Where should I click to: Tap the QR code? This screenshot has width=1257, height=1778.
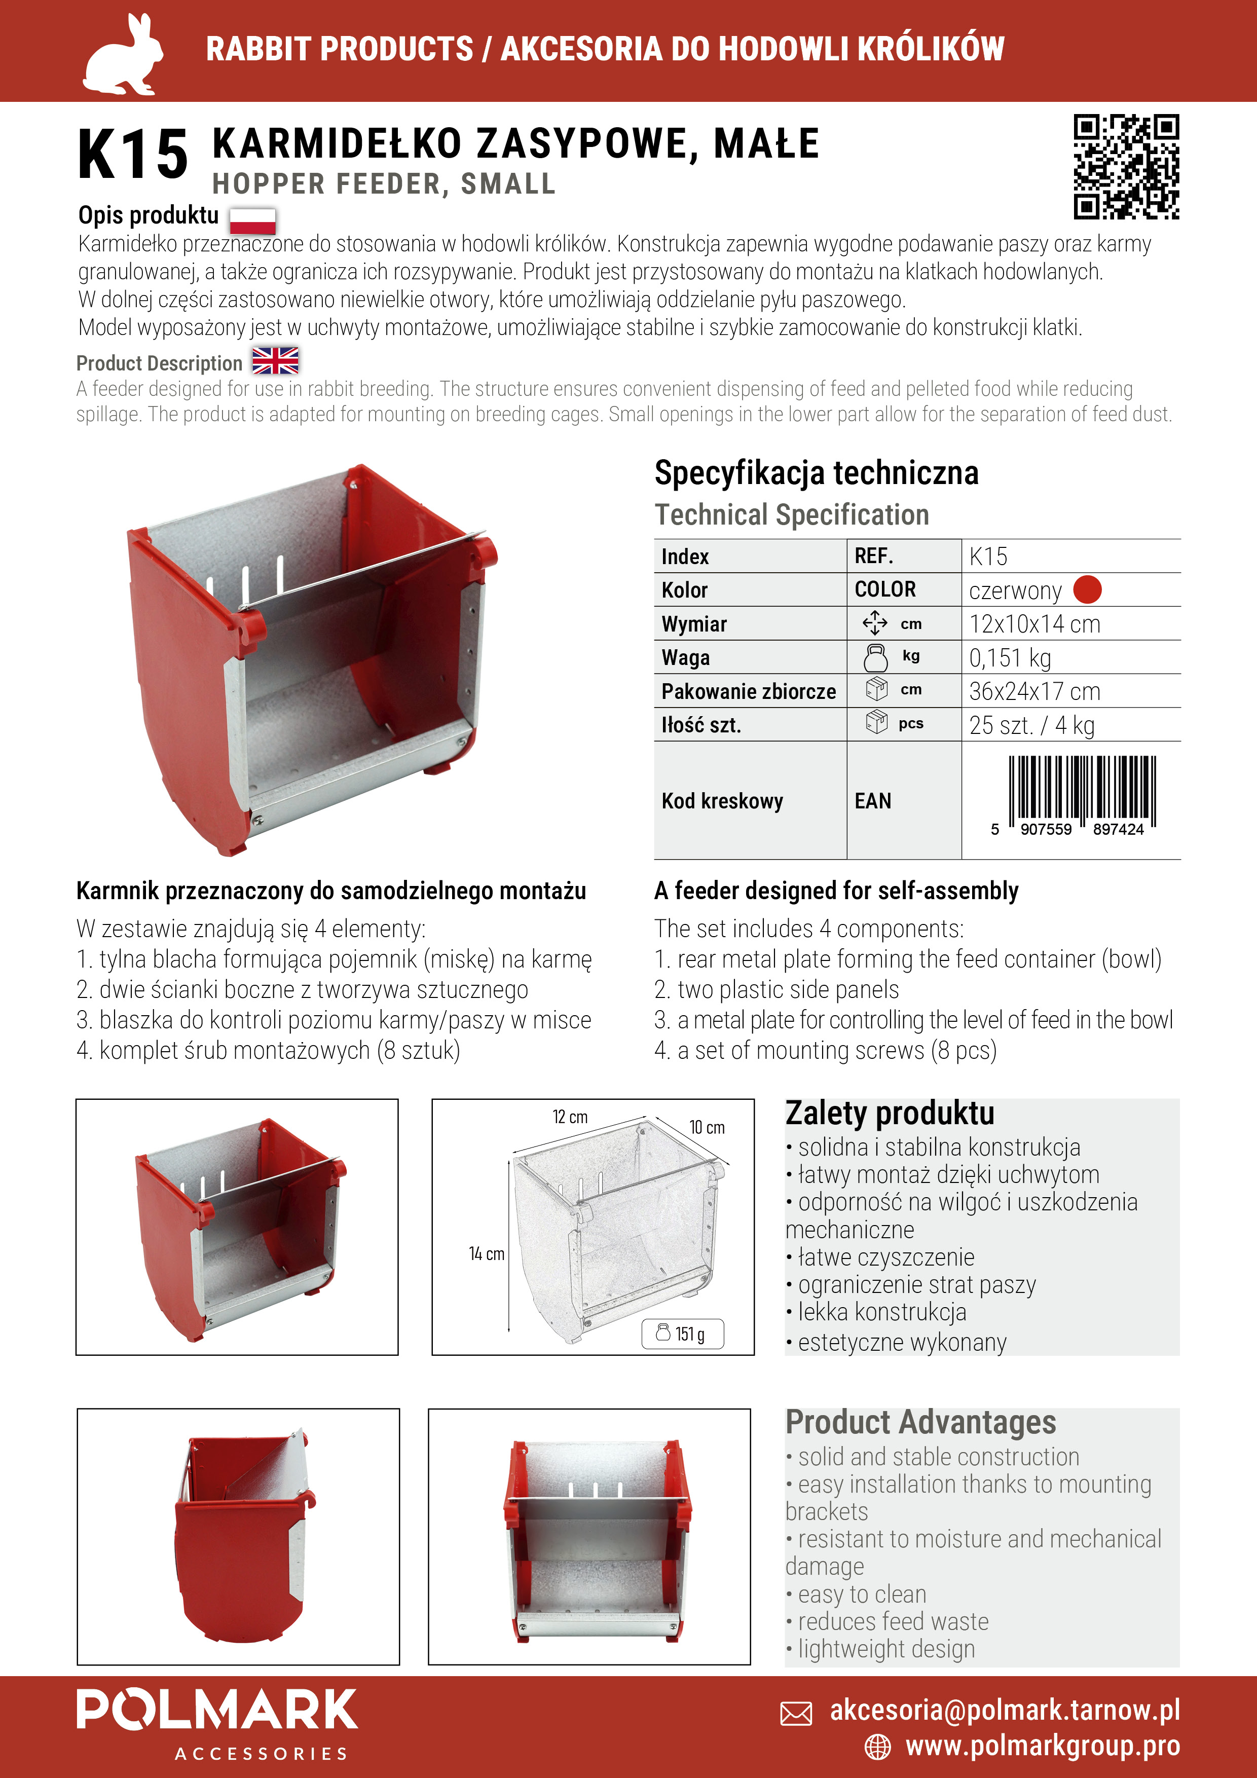coord(1126,166)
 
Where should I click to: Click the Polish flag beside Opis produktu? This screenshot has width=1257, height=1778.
coord(252,220)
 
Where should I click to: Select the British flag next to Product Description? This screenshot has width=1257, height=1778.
coord(275,361)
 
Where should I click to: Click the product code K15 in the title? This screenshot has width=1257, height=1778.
coord(133,155)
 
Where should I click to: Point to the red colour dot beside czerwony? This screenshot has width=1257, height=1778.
coord(1087,590)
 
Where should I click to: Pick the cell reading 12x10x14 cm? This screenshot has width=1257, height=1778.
coord(1034,624)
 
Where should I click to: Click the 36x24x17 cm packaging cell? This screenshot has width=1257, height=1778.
coord(1034,691)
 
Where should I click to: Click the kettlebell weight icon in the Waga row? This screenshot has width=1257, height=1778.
coord(876,657)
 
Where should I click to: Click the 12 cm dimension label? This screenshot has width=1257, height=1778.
coord(570,1117)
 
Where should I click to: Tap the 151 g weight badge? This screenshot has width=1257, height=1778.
coord(682,1333)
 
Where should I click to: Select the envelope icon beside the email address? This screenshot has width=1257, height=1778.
coord(796,1713)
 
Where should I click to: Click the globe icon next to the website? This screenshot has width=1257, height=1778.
coord(877,1747)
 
